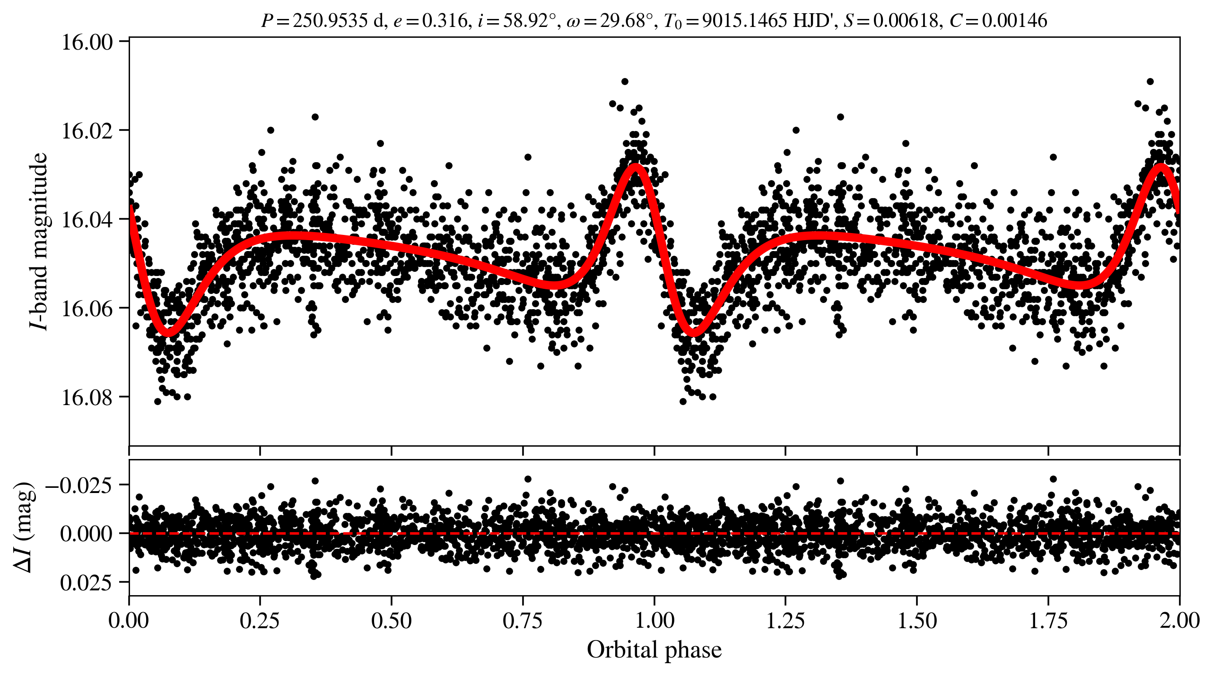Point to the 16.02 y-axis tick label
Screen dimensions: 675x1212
(87, 130)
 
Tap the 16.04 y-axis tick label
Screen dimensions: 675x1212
(87, 219)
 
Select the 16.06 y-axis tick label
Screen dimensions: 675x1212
(87, 308)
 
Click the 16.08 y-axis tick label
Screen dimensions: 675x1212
(87, 397)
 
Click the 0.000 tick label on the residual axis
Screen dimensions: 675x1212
(87, 533)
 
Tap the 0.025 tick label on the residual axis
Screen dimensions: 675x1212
(87, 582)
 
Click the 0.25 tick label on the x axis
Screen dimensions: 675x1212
(260, 620)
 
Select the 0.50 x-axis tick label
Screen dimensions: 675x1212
(391, 620)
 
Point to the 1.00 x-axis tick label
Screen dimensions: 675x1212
(654, 620)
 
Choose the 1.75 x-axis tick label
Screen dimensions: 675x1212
(1048, 620)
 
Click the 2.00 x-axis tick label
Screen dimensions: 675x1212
(1179, 620)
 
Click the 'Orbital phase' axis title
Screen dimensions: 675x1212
(654, 649)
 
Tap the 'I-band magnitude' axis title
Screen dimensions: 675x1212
(40, 241)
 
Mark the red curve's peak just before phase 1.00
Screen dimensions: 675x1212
(635, 166)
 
